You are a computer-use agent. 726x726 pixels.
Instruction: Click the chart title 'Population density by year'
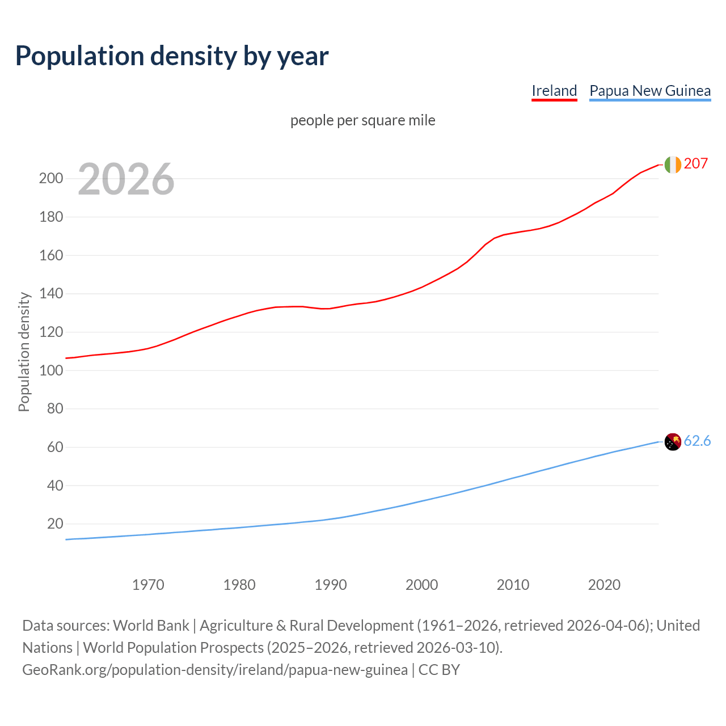point(172,56)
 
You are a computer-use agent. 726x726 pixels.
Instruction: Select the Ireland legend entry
point(554,91)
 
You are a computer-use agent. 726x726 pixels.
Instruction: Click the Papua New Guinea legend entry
point(650,91)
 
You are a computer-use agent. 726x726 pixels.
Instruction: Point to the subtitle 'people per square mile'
point(362,120)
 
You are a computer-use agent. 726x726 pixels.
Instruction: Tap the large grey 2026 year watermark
point(126,179)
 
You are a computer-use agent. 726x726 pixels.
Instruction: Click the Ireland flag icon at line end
point(672,164)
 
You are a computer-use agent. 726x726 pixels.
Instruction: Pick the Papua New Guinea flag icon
point(672,442)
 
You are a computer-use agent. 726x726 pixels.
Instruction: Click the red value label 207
point(696,164)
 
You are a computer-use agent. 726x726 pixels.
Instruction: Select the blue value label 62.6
point(697,441)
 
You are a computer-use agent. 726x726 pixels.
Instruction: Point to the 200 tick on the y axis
point(51,179)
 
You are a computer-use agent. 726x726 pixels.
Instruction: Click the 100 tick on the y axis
point(51,370)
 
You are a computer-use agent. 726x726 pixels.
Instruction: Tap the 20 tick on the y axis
point(55,524)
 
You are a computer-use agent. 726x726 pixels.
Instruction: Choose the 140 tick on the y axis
point(51,294)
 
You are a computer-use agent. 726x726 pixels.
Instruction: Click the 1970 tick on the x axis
point(148,585)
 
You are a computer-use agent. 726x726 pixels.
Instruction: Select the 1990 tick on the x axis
point(331,585)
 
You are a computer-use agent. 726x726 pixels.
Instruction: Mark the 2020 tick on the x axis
point(604,585)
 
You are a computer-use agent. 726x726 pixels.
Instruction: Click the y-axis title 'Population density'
point(24,352)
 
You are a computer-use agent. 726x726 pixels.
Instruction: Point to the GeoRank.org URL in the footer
point(214,670)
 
